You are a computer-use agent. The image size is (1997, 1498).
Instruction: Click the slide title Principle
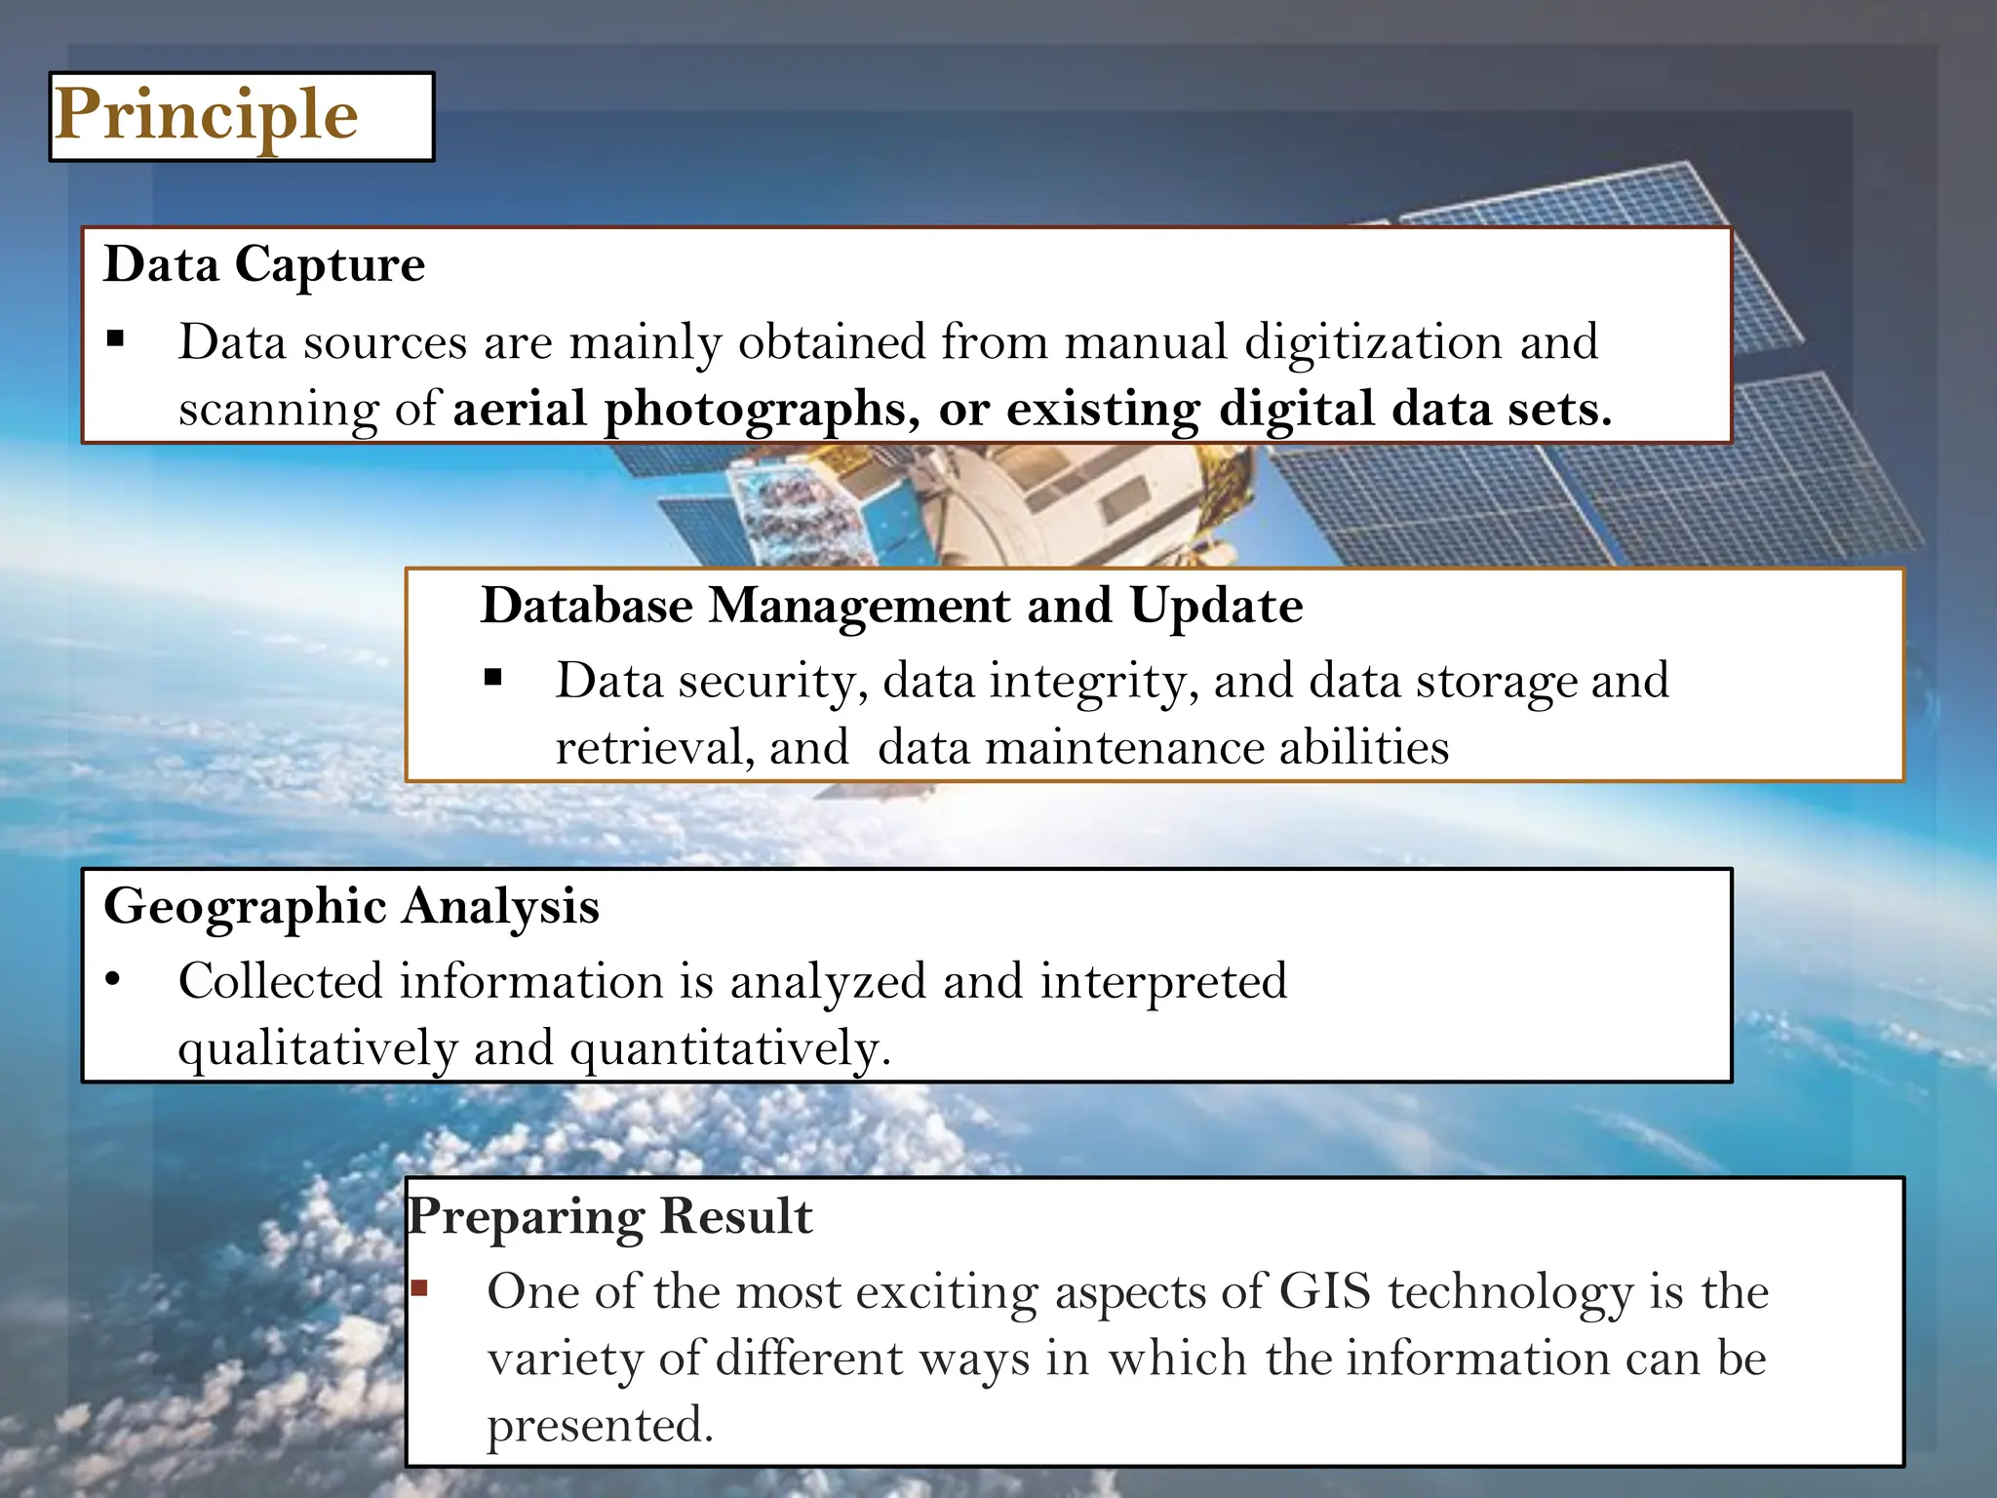click(x=206, y=116)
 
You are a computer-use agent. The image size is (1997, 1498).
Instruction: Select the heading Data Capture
click(x=264, y=264)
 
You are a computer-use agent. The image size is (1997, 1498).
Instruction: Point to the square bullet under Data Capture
click(x=116, y=340)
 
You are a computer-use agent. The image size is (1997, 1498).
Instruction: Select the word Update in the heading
click(x=1216, y=606)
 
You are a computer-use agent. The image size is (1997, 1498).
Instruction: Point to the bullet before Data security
click(x=493, y=677)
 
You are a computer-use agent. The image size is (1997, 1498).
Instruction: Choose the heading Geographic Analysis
click(x=351, y=906)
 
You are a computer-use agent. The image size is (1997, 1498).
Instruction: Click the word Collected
click(x=280, y=981)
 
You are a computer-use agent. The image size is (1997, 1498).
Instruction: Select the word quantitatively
click(x=730, y=1048)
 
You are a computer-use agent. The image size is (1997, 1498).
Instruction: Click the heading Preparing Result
click(x=609, y=1217)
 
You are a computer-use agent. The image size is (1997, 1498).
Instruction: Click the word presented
click(x=601, y=1426)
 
